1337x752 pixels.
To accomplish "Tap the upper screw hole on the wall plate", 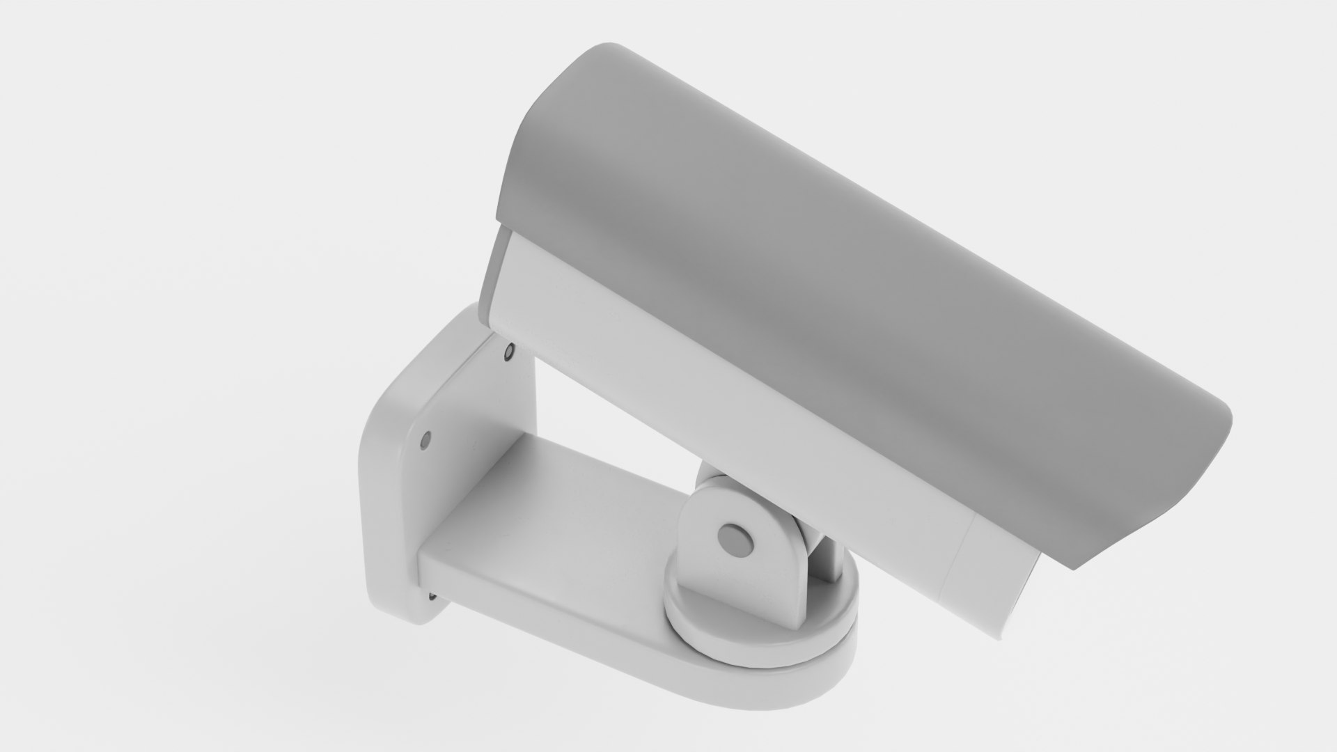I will [x=509, y=352].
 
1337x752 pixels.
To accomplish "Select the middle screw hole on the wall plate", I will [x=426, y=439].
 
